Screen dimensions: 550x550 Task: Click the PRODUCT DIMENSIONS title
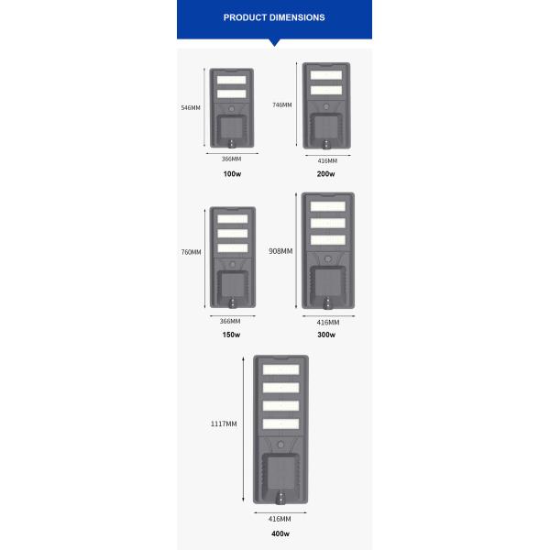point(274,17)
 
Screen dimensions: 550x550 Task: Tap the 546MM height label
point(191,108)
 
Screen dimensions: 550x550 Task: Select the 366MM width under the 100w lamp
point(231,159)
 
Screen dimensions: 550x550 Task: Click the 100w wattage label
point(231,173)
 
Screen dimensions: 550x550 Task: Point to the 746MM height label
point(282,105)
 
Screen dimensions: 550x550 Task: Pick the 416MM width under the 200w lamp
point(327,160)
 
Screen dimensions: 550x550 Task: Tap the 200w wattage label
point(326,174)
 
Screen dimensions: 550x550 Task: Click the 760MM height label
point(191,252)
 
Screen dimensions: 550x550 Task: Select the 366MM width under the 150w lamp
point(231,321)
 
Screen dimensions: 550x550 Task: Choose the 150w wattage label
point(231,335)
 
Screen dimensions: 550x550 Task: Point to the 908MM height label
point(280,251)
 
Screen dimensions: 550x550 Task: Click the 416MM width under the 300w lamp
point(327,322)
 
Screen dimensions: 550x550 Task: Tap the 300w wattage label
point(326,335)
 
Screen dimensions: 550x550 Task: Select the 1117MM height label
point(225,423)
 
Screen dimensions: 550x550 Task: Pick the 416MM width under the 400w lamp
point(280,519)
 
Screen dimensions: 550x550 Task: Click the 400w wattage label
point(280,533)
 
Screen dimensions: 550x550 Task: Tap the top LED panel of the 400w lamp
point(280,369)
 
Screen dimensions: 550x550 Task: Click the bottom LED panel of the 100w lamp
point(232,93)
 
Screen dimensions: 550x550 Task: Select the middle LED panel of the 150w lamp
point(232,233)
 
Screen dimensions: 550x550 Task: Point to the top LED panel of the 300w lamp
point(327,206)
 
